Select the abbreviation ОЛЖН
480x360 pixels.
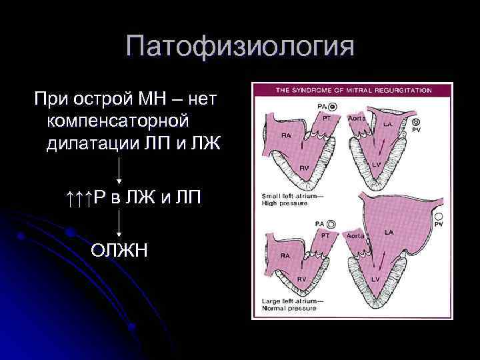click(x=119, y=251)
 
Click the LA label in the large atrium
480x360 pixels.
click(x=388, y=231)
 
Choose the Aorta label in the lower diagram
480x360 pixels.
click(x=355, y=235)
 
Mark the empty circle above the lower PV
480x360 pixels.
click(x=439, y=217)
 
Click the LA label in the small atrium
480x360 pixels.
click(x=387, y=124)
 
